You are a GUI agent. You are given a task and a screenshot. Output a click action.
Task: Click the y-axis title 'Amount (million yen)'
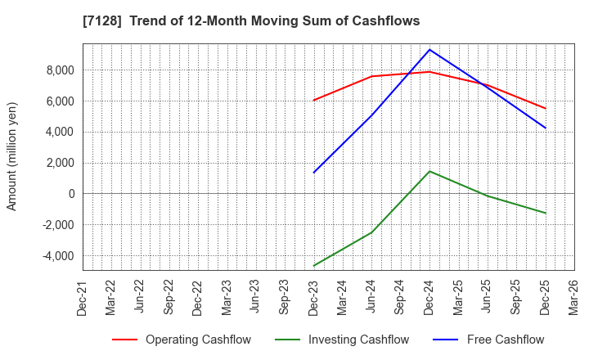tap(12, 156)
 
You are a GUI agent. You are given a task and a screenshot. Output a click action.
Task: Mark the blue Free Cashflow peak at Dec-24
tap(429, 50)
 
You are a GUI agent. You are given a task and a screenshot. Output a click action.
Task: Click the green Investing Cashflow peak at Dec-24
tap(429, 171)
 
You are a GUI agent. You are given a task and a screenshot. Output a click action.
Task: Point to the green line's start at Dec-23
tap(313, 266)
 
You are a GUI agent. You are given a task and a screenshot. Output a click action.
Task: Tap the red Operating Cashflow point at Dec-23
tap(313, 101)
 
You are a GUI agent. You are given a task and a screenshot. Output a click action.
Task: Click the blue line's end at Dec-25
tap(545, 128)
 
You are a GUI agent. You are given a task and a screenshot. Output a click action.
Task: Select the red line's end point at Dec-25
tap(545, 108)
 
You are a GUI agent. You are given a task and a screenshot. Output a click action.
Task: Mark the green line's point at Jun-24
tap(371, 232)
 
